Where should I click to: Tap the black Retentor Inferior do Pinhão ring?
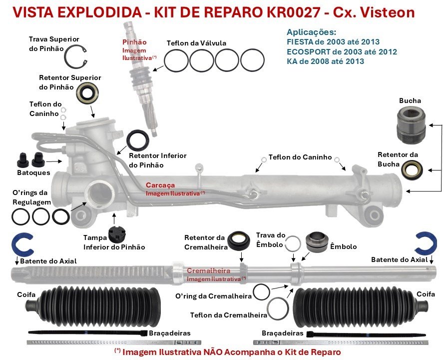click(137, 140)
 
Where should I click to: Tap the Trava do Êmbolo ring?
click(293, 243)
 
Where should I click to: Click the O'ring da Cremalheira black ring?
click(261, 291)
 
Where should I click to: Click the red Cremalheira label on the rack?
click(209, 270)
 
